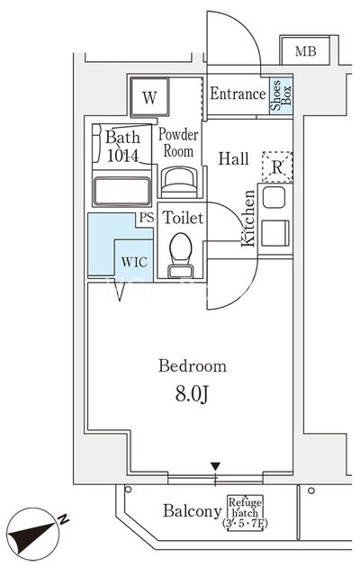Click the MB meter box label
pyautogui.click(x=306, y=51)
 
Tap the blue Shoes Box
pyautogui.click(x=281, y=95)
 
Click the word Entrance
pyautogui.click(x=238, y=94)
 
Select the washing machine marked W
pyautogui.click(x=149, y=97)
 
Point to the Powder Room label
pyautogui.click(x=178, y=143)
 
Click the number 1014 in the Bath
pyautogui.click(x=122, y=156)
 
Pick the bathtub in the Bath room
pyautogui.click(x=122, y=191)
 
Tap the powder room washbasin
pyautogui.click(x=180, y=182)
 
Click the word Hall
pyautogui.click(x=234, y=158)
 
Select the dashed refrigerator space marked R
pyautogui.click(x=277, y=166)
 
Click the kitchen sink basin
pyautogui.click(x=274, y=197)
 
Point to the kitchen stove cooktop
pyautogui.click(x=275, y=233)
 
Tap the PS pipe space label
pyautogui.click(x=147, y=218)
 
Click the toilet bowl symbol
pyautogui.click(x=181, y=255)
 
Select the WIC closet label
pyautogui.click(x=134, y=262)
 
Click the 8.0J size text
pyautogui.click(x=192, y=394)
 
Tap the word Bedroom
pyautogui.click(x=193, y=366)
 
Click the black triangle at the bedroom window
pyautogui.click(x=216, y=466)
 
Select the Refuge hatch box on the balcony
pyautogui.click(x=246, y=512)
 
